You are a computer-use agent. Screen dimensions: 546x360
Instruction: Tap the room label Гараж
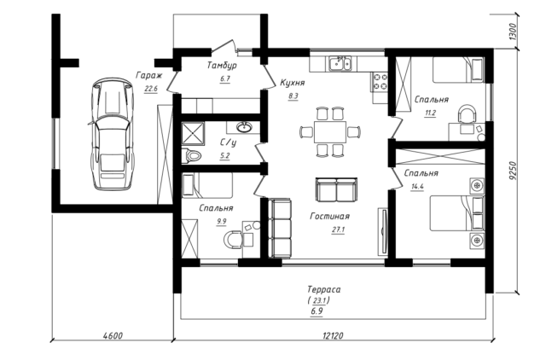tap(149, 76)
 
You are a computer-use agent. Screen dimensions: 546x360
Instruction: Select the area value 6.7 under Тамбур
tap(225, 78)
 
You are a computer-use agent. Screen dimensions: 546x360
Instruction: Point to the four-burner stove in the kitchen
tap(380, 82)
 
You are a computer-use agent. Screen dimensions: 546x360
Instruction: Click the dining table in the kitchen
tap(330, 132)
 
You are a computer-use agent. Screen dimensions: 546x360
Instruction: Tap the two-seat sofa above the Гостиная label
tap(336, 189)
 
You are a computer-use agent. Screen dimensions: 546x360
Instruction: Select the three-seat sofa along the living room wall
tap(280, 228)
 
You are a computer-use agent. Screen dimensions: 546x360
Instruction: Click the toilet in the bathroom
tap(191, 155)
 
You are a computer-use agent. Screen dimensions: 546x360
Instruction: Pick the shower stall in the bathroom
tap(194, 132)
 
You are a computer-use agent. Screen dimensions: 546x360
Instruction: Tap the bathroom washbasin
tap(245, 127)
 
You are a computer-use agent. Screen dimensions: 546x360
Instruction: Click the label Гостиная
tap(329, 216)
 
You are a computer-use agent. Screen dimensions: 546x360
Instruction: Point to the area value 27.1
tap(338, 229)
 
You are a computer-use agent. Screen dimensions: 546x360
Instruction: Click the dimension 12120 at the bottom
tap(333, 335)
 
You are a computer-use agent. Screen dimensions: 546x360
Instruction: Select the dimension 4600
tap(113, 335)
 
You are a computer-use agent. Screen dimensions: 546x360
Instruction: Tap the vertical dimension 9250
tap(511, 171)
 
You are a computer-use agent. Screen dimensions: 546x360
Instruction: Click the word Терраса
tap(324, 289)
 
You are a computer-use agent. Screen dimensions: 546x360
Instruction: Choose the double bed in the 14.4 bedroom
tap(457, 213)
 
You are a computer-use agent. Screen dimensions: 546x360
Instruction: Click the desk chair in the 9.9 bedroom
tap(233, 239)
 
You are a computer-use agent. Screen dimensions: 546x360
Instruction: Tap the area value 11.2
tap(430, 113)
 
